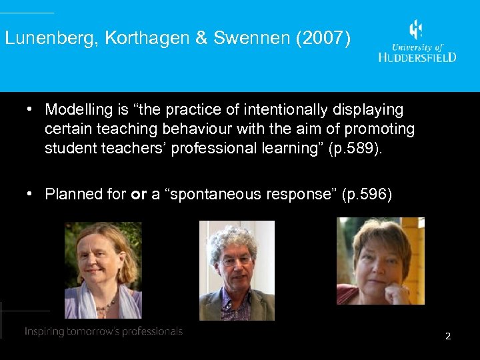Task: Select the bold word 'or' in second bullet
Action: [139, 195]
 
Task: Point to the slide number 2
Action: [448, 336]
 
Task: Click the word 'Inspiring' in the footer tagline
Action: [44, 331]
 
